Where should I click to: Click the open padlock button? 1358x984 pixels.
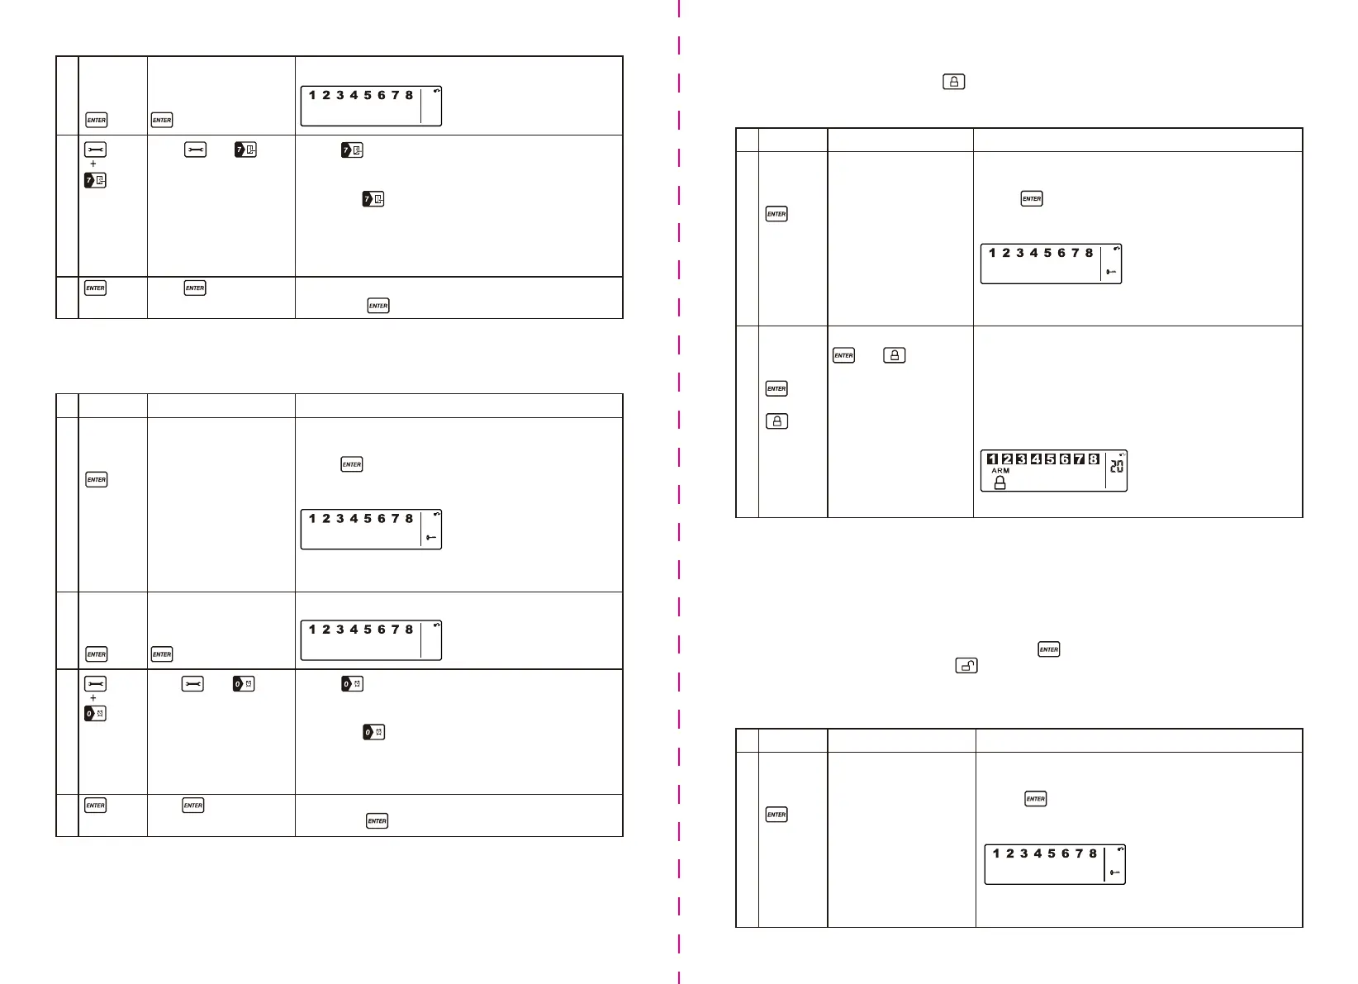[x=966, y=665]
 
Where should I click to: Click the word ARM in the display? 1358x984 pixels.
[x=1000, y=470]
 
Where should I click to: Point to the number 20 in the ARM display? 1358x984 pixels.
[x=1117, y=467]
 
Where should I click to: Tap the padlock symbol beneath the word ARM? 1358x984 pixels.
[x=1000, y=482]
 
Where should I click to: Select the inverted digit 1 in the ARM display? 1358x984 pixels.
[x=992, y=459]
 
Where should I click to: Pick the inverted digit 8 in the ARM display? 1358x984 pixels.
[x=1094, y=459]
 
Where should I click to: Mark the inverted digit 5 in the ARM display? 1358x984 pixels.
[x=1050, y=459]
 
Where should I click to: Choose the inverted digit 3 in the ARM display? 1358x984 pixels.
[x=1021, y=459]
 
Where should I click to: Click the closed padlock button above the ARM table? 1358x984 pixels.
[x=954, y=82]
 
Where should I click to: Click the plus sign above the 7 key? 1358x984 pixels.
[x=93, y=164]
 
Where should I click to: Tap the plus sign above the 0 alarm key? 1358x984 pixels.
[x=93, y=698]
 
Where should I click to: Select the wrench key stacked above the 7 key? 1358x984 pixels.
[x=95, y=150]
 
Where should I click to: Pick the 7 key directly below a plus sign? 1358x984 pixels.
[x=95, y=180]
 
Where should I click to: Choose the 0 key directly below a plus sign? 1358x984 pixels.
[x=95, y=713]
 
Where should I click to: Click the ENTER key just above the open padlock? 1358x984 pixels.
[x=1049, y=649]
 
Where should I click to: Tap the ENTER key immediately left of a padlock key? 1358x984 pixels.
[x=843, y=355]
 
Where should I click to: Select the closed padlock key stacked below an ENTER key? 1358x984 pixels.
[x=776, y=421]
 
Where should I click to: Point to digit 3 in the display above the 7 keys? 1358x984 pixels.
[x=339, y=95]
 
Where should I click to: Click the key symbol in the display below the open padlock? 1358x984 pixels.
[x=1115, y=872]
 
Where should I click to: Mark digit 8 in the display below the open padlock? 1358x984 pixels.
[x=1093, y=853]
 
